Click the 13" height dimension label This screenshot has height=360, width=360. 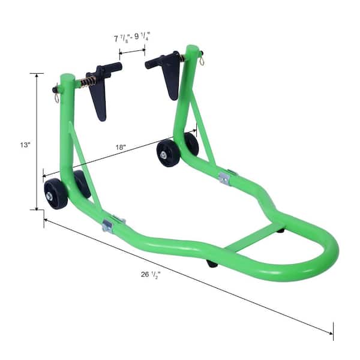tap(25, 145)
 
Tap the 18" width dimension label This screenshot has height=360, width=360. tap(121, 147)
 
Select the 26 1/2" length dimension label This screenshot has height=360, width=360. tap(151, 274)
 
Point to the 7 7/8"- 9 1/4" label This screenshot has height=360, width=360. tap(132, 37)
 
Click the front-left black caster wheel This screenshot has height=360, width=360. tap(56, 194)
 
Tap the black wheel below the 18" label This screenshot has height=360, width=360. tap(168, 153)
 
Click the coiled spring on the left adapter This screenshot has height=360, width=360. tap(88, 82)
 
